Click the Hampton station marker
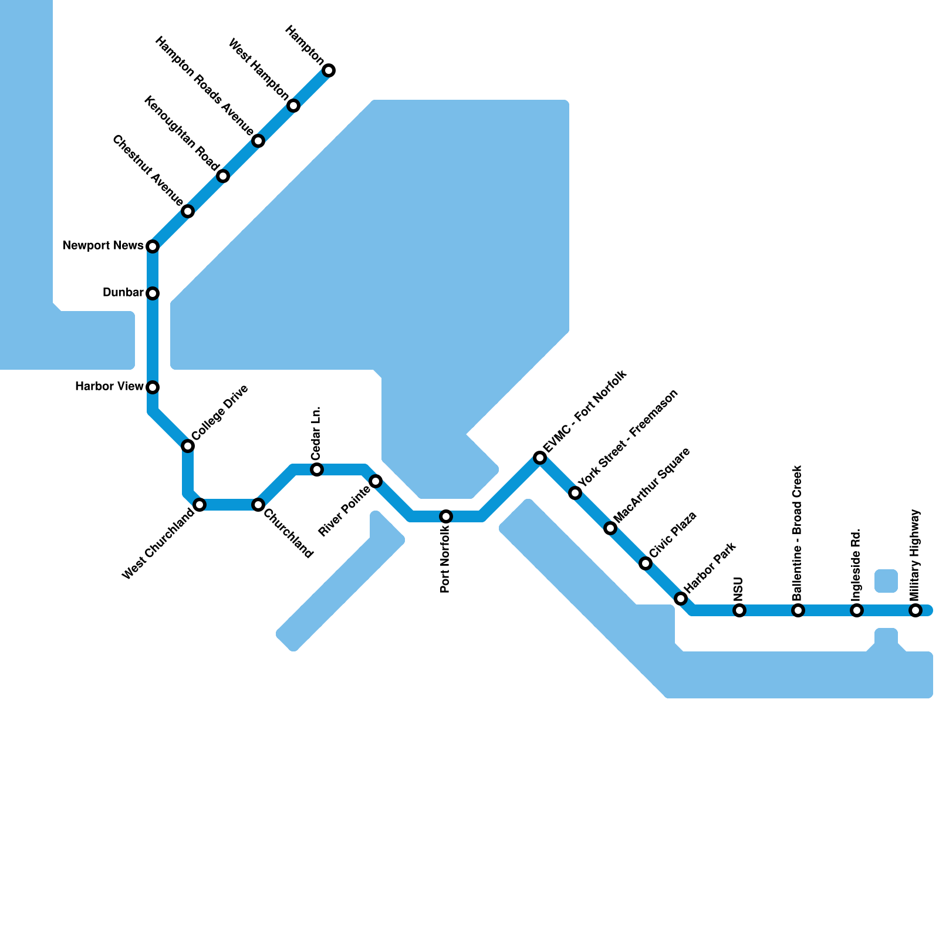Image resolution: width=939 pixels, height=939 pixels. (x=329, y=70)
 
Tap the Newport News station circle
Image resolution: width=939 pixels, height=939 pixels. (x=153, y=246)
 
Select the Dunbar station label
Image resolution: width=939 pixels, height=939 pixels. (x=123, y=292)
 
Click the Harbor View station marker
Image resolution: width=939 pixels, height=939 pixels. (x=153, y=387)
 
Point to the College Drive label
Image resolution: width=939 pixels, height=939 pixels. (x=219, y=413)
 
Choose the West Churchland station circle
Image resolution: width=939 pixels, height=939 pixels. (x=200, y=505)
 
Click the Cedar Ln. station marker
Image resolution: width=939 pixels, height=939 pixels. (x=317, y=469)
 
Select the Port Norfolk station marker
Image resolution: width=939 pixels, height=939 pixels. (x=446, y=516)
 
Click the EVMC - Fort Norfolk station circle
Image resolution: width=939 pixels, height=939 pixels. (x=540, y=458)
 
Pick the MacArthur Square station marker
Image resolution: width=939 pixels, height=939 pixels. (x=610, y=528)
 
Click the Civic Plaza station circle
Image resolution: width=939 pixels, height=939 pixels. (x=646, y=563)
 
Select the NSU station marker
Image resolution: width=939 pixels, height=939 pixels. (x=739, y=610)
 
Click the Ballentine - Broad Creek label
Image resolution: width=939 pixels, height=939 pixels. (x=797, y=533)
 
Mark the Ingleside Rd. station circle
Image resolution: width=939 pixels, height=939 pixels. (x=857, y=610)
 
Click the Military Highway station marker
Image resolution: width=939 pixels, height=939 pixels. (x=916, y=610)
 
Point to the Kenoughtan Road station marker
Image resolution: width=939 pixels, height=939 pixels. (x=223, y=176)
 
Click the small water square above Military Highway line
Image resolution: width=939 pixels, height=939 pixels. (x=886, y=581)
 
